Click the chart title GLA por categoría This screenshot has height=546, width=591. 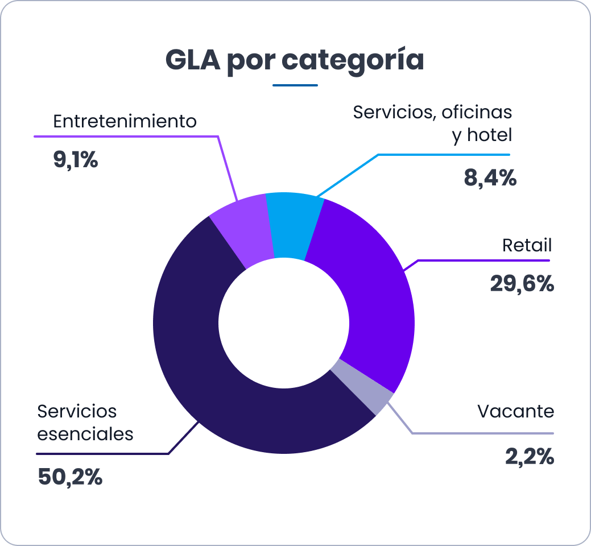click(295, 60)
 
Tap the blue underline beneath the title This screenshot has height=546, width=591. click(295, 85)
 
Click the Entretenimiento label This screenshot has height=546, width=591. click(125, 122)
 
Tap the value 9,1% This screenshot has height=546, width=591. click(76, 160)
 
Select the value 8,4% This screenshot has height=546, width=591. click(490, 179)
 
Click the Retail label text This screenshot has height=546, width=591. click(527, 246)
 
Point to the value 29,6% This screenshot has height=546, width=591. click(522, 284)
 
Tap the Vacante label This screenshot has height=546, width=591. click(515, 411)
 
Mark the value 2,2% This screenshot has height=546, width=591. click(529, 456)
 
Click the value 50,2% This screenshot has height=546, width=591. click(70, 477)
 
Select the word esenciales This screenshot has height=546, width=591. click(85, 434)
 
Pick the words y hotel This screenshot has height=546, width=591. click(482, 135)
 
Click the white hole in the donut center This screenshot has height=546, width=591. click(284, 322)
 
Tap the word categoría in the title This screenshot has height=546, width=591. click(353, 61)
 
